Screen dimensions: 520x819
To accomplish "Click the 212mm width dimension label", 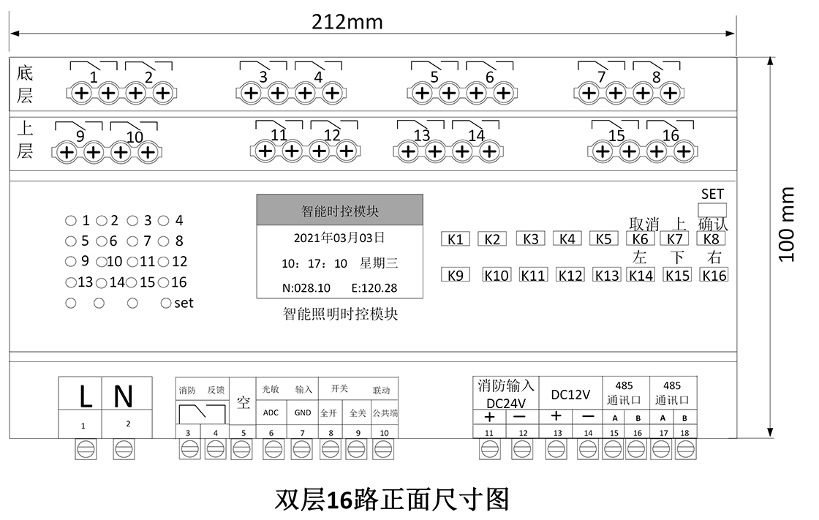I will click(x=347, y=22).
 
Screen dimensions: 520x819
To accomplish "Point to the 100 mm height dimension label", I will click(x=787, y=224).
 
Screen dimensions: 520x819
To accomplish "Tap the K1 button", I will click(x=456, y=239).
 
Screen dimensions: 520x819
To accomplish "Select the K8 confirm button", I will click(x=712, y=239).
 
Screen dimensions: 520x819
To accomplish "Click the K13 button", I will click(x=606, y=276).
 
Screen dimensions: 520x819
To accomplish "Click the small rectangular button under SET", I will click(x=712, y=209).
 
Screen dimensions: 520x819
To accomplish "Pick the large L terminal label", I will click(x=86, y=397).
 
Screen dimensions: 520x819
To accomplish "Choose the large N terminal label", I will click(x=124, y=397).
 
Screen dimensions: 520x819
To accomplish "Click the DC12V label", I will click(x=570, y=395).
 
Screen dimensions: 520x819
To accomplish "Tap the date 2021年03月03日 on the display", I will click(x=339, y=238).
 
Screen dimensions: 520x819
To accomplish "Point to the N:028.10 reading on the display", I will click(x=306, y=288).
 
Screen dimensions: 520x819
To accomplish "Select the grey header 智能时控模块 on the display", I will click(x=340, y=211).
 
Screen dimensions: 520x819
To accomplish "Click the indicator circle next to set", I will click(x=166, y=303).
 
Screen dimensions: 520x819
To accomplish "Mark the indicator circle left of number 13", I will click(x=70, y=282).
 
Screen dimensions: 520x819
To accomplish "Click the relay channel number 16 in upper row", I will click(x=671, y=136).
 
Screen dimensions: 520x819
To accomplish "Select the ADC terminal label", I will click(x=271, y=412).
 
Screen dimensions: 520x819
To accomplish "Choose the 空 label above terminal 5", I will click(x=244, y=402).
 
